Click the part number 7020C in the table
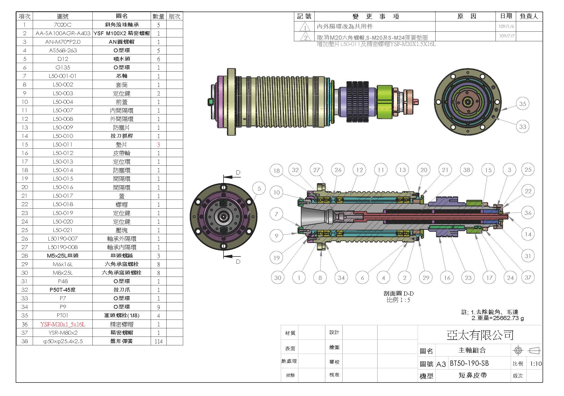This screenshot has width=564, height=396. coord(63,25)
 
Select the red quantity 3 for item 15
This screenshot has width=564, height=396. coord(158,144)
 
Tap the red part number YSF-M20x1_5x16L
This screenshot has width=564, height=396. coord(63,324)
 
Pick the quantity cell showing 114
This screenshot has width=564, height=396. coord(159,341)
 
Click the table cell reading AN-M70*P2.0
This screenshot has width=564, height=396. coord(63,42)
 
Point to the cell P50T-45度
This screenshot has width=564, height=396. coord(63,290)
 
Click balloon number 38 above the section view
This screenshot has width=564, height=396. coord(467,170)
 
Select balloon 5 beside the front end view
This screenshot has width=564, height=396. coord(259,189)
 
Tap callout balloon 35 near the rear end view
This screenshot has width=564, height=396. coord(522,104)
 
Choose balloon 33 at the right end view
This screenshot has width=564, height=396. coord(522,127)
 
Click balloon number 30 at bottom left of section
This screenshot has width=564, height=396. coord(277,277)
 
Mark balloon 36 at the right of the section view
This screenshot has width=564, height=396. coord(528,213)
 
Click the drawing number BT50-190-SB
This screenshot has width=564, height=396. coord(469,363)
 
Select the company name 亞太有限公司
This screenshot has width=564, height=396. coord(480,335)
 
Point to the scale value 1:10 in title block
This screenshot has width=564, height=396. coord(536,364)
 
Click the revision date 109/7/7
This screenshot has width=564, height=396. coord(506,36)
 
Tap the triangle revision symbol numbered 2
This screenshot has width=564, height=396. coord(305,37)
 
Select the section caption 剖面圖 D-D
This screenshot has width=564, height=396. coord(398,293)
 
